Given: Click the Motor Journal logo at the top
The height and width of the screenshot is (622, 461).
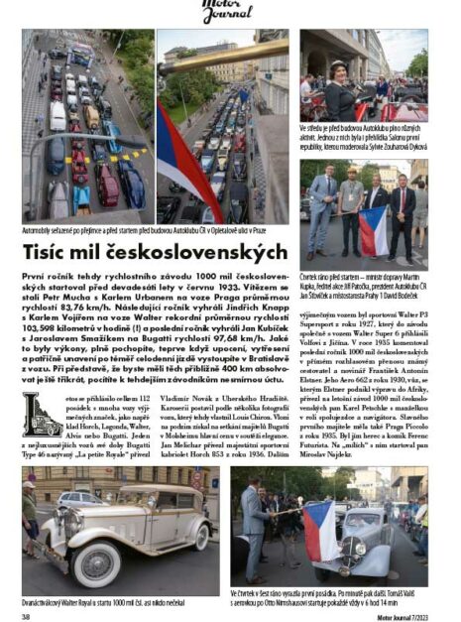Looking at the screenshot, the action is coord(230,10).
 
